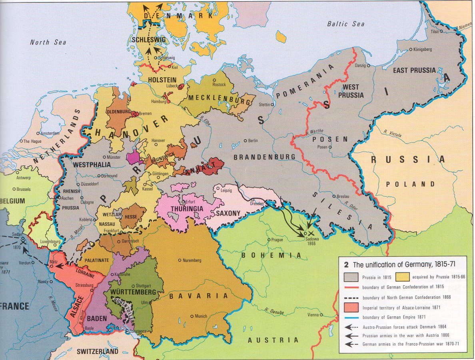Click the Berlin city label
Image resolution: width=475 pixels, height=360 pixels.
click(x=253, y=141)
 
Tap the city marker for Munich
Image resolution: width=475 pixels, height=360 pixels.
click(x=192, y=316)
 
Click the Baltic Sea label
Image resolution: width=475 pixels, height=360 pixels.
click(x=346, y=24)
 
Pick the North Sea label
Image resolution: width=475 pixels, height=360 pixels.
click(x=48, y=42)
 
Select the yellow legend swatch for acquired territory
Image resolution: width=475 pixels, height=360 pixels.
click(x=403, y=276)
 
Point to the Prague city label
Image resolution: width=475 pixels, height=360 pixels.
click(x=276, y=240)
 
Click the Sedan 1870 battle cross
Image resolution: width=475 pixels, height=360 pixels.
click(x=23, y=242)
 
